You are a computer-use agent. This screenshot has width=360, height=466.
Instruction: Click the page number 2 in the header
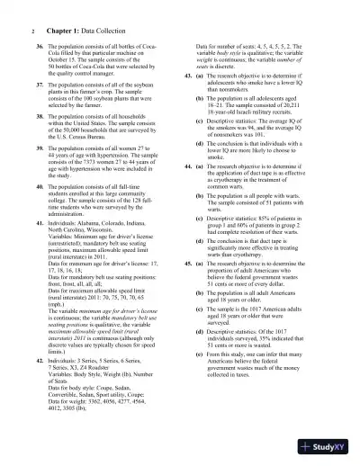tap(20, 31)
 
